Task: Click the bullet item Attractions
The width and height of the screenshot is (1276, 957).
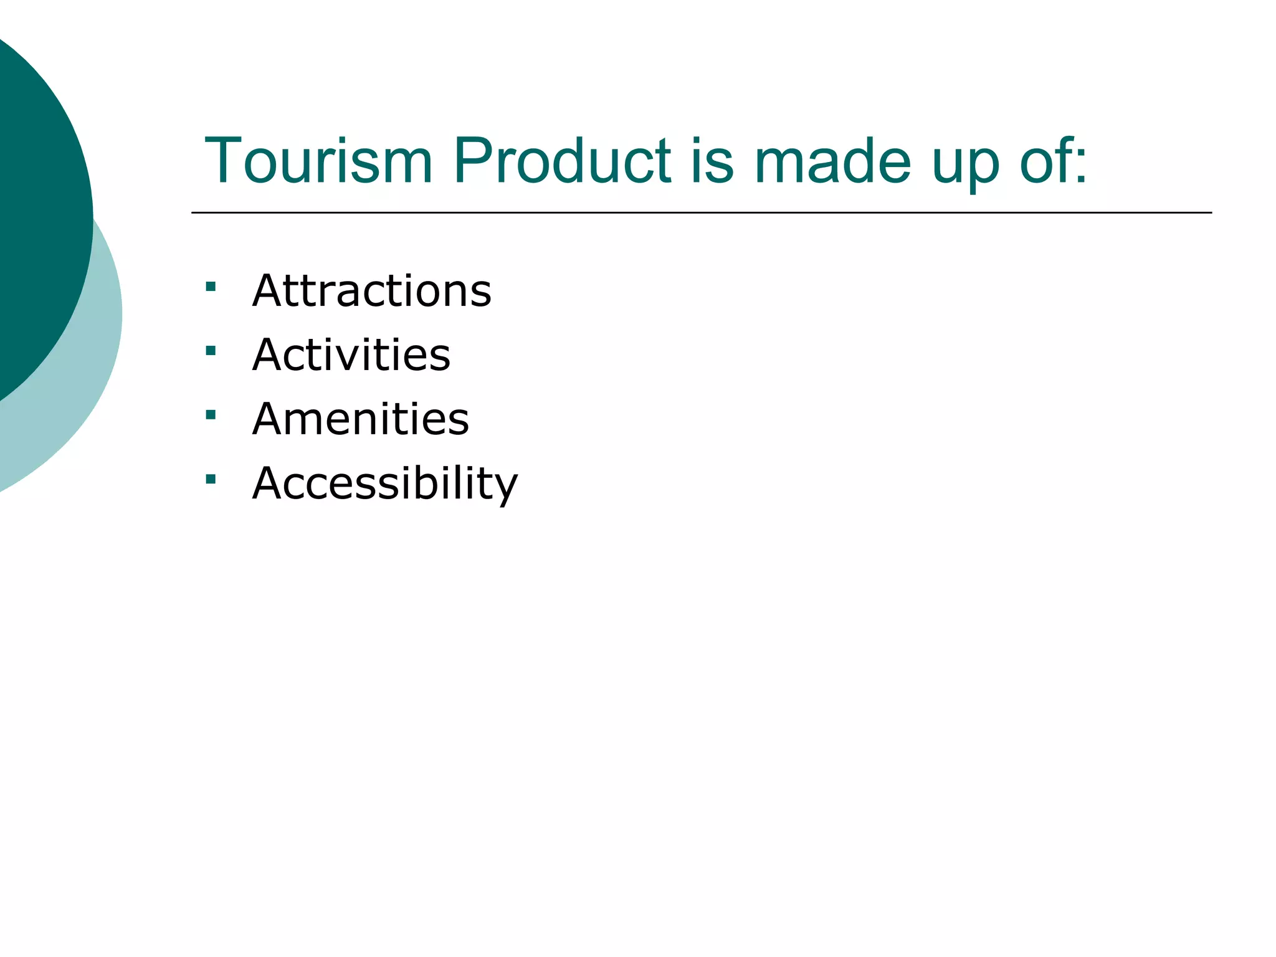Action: click(371, 291)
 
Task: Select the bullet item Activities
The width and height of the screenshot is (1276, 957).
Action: click(351, 355)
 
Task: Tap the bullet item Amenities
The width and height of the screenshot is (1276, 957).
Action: click(360, 419)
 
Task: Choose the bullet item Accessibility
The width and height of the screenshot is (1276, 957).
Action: click(384, 483)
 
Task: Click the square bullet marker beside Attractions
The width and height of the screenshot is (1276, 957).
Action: click(211, 287)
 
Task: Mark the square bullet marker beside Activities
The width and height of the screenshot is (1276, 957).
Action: click(211, 351)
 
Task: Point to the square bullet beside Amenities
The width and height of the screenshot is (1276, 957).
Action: click(211, 415)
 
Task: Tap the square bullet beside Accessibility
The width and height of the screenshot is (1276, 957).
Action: click(211, 479)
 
